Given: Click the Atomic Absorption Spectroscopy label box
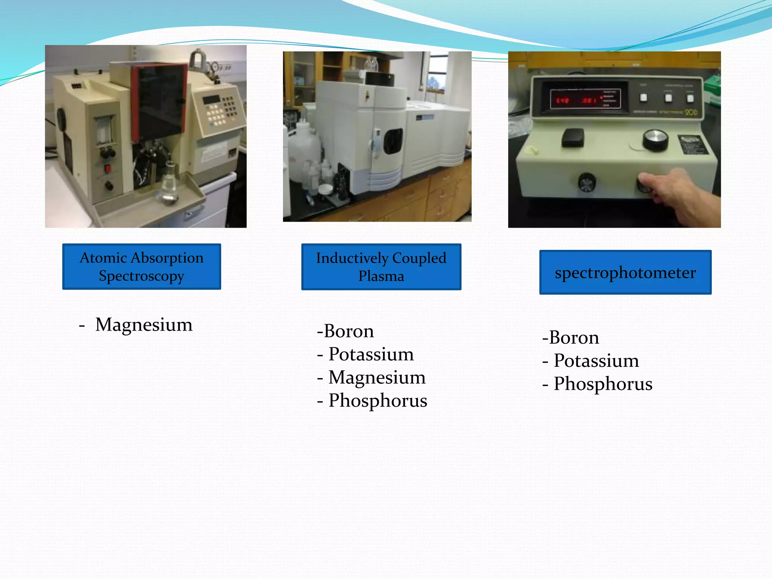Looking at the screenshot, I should click(x=141, y=267).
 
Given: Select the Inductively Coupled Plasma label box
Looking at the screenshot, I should click(x=381, y=267).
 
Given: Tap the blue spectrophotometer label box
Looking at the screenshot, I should click(x=625, y=272).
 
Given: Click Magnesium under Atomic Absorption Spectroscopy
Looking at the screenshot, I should click(x=144, y=325).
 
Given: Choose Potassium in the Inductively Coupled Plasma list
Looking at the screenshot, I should click(x=371, y=354).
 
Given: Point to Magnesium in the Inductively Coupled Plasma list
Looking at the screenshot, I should click(x=377, y=377).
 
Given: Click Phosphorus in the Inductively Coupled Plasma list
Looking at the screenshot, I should click(x=378, y=400).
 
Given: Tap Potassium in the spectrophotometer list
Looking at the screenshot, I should click(x=596, y=361).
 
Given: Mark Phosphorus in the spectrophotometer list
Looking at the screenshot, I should click(x=603, y=384).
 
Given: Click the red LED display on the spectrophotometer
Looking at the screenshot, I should click(x=584, y=100).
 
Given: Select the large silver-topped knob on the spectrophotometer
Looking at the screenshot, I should click(x=656, y=139).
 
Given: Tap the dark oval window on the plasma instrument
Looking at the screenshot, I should click(x=393, y=141).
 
